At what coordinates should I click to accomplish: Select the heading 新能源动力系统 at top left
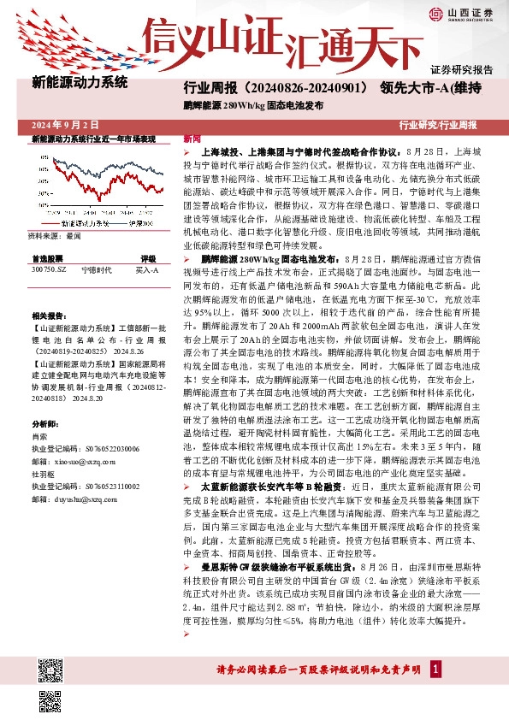pyautogui.click(x=80, y=84)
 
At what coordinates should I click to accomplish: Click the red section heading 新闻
pyautogui.click(x=192, y=138)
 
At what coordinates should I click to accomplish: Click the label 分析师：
pyautogui.click(x=45, y=424)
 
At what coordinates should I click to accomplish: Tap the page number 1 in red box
pyautogui.click(x=437, y=668)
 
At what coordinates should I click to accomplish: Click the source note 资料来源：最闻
pyautogui.click(x=55, y=235)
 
